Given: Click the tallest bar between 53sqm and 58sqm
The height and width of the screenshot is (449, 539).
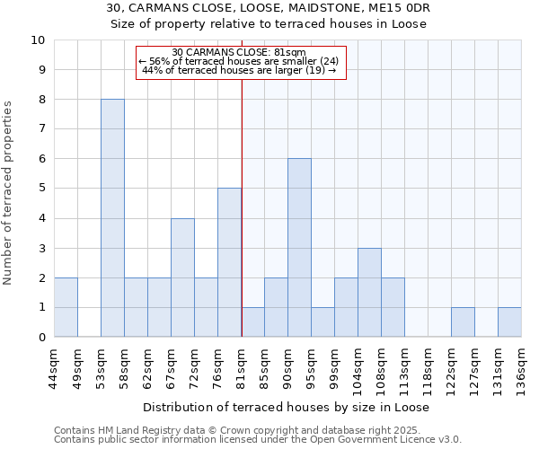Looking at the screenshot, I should [112, 218].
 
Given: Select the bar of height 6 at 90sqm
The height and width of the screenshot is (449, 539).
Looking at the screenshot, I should [299, 248].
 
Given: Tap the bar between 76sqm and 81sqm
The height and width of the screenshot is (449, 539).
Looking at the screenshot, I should [229, 262].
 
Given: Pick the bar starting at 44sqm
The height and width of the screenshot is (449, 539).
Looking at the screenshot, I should [66, 307].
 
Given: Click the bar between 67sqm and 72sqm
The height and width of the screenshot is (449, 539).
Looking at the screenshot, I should [182, 277].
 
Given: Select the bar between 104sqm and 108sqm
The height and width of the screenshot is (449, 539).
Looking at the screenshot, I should [369, 293].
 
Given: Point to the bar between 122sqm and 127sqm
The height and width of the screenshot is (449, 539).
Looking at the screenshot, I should [463, 322].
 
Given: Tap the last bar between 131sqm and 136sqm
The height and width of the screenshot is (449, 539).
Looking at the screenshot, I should [509, 322].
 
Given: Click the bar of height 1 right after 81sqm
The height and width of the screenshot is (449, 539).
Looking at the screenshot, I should [252, 322].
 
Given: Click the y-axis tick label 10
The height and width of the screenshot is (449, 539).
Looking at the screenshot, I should [38, 40].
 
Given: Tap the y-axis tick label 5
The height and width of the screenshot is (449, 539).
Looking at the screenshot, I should [41, 189].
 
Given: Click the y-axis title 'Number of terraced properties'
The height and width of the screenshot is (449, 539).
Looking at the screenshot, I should [9, 193].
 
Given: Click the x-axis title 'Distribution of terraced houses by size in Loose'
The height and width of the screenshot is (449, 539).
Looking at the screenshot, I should [286, 407].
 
